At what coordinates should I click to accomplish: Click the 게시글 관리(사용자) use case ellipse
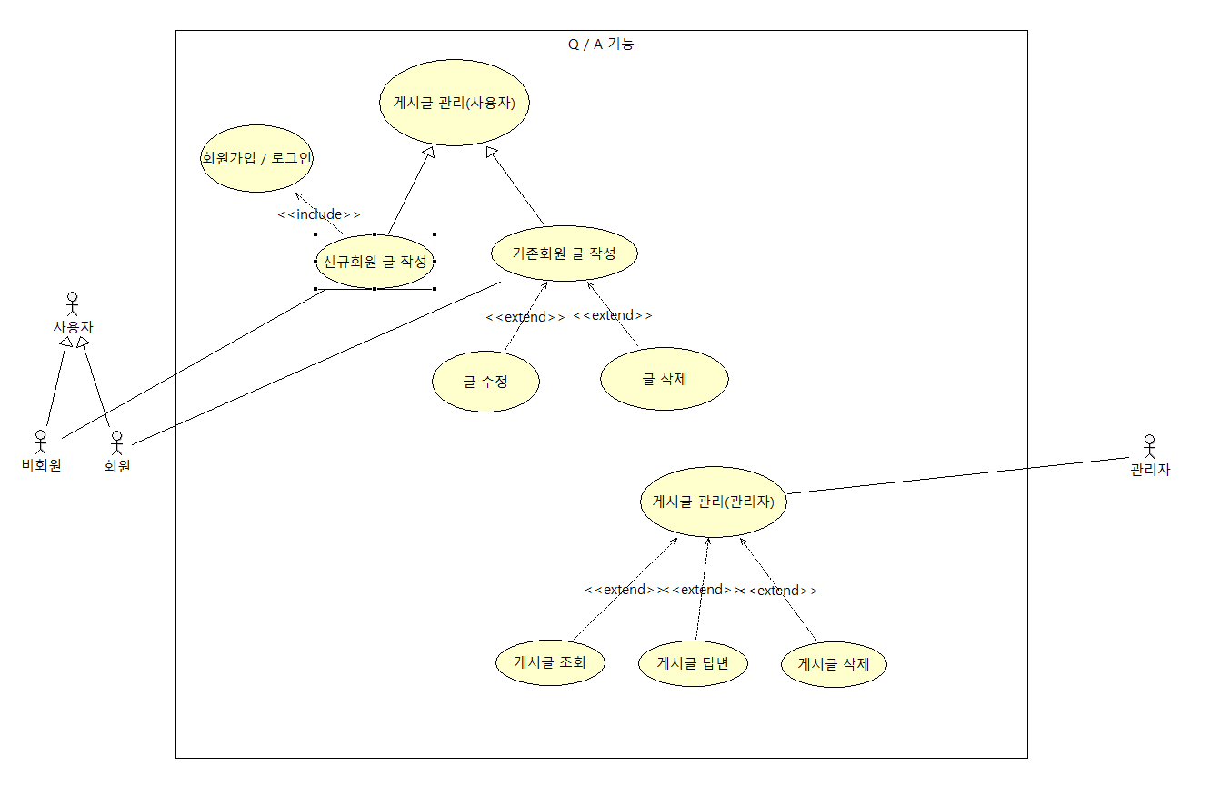[454, 103]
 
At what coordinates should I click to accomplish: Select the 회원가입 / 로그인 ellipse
[256, 158]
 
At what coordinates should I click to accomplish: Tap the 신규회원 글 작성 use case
[375, 262]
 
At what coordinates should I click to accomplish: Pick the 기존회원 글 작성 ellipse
[564, 253]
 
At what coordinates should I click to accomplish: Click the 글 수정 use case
[485, 382]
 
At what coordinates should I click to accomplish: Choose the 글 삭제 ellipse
[664, 378]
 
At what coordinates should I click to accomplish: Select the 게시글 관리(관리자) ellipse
[713, 501]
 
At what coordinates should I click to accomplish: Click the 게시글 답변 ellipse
[693, 663]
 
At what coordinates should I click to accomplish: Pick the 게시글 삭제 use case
[834, 664]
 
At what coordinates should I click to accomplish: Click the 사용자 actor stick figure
[73, 303]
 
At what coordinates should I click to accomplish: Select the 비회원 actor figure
[40, 442]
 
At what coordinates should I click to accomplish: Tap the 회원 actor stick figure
[116, 442]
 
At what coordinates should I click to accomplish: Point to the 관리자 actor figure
[1150, 446]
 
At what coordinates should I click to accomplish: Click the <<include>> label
[318, 214]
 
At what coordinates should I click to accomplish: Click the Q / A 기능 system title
[601, 44]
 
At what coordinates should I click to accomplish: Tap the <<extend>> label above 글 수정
[525, 317]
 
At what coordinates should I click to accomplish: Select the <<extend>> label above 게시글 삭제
[782, 591]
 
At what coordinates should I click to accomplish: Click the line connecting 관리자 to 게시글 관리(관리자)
[955, 475]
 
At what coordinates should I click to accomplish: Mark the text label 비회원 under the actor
[41, 466]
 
